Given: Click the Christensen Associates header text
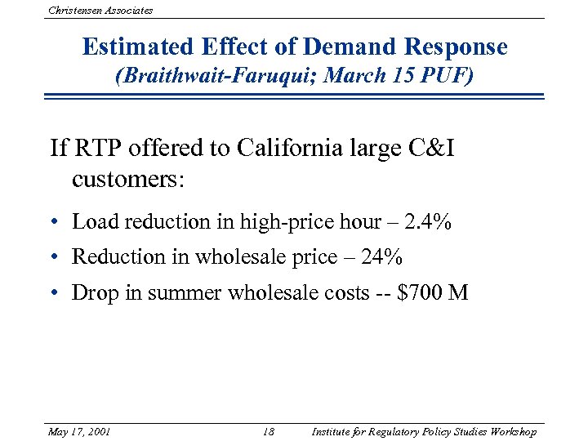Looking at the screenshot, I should (x=100, y=10).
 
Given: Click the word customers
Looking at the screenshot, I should (x=128, y=178).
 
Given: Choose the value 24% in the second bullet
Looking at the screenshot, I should (x=381, y=256).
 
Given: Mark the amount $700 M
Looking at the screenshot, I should (x=432, y=292).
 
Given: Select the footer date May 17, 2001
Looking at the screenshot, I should (x=80, y=431).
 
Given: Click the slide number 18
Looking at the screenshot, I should (x=270, y=431).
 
